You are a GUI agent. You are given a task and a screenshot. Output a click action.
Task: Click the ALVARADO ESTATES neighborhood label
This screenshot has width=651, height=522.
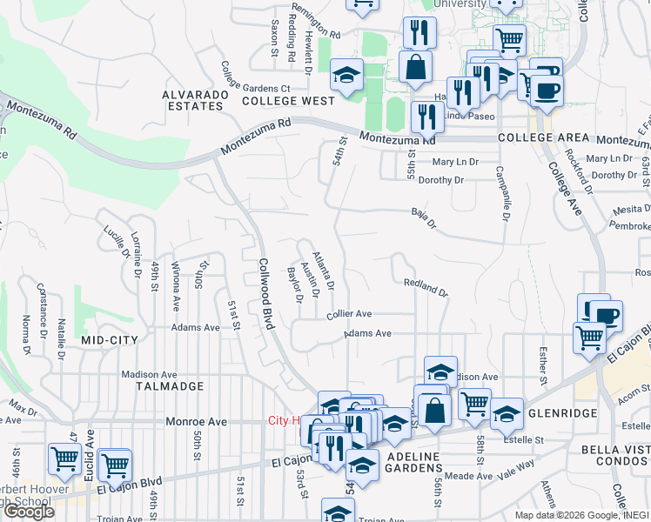point(192,99)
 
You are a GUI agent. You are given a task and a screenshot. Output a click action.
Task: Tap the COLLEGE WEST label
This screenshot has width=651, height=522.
point(276,101)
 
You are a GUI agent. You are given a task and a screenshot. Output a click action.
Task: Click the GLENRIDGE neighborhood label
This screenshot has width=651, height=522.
point(562,413)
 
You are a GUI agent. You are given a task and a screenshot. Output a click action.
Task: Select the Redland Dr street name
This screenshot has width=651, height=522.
point(426,287)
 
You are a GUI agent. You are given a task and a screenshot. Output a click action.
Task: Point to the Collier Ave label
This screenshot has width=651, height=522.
point(350,314)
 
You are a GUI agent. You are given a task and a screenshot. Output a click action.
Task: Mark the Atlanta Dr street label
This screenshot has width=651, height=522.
point(325,267)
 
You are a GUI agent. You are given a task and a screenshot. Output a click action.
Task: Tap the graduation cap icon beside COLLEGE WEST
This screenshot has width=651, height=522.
point(346,75)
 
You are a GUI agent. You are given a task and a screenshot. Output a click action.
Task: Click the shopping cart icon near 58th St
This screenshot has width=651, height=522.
point(474,403)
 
